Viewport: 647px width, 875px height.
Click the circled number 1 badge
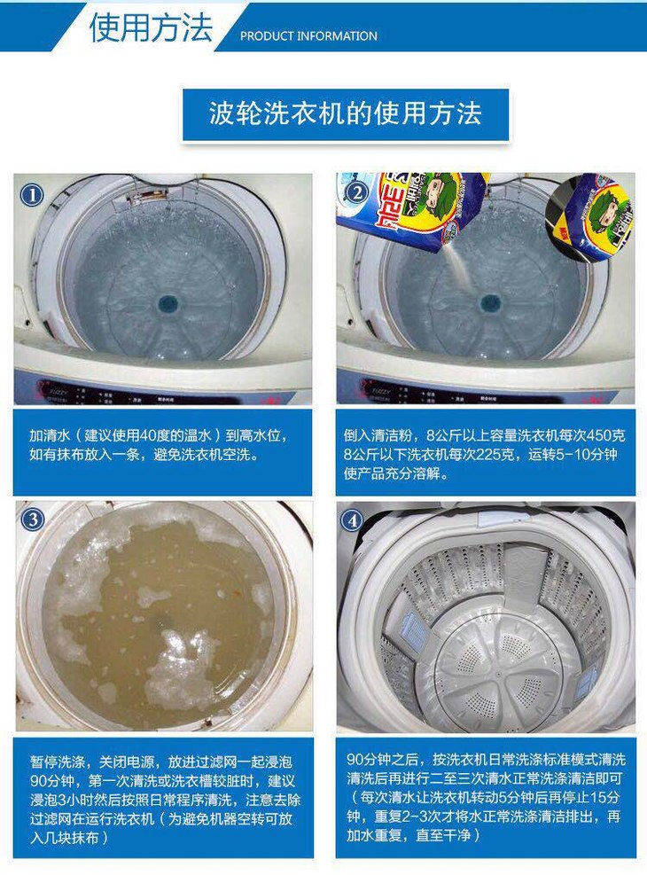coord(32,195)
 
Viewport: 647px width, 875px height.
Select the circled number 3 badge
coord(32,520)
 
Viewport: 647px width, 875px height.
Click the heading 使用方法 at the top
coord(151,27)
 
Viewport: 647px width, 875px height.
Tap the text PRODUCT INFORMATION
coord(308,36)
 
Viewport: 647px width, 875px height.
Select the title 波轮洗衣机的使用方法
coord(346,113)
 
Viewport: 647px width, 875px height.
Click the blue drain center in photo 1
coord(167,303)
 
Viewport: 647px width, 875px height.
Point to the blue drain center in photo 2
coord(490,303)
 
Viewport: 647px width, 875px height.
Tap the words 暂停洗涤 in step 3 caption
coord(57,762)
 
